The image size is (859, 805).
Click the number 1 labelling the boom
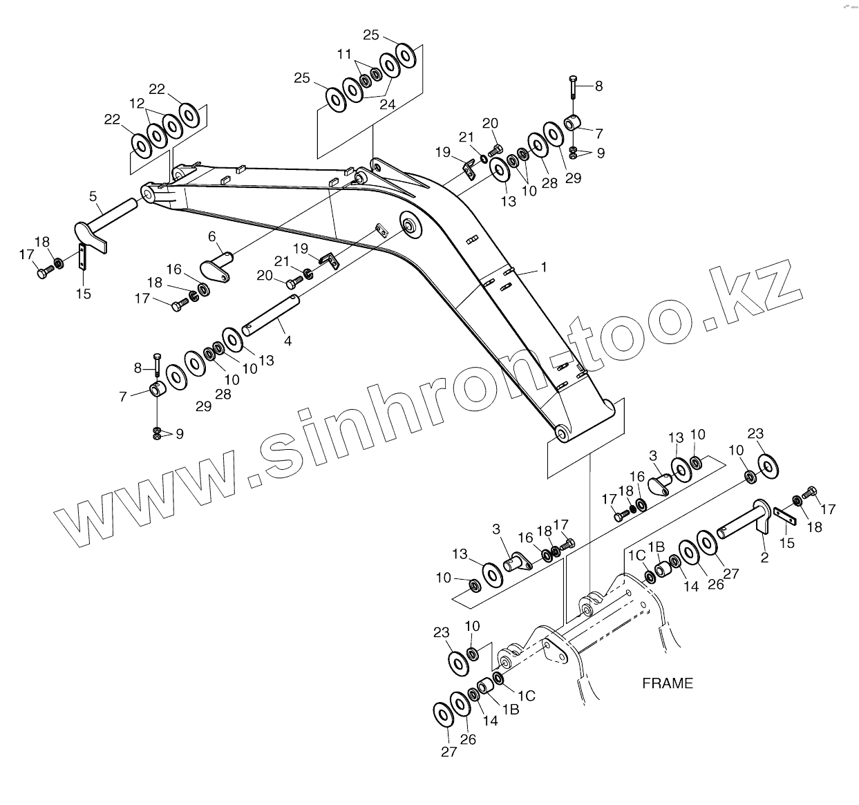(544, 267)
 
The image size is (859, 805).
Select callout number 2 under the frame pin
(764, 558)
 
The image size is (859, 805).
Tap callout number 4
(287, 341)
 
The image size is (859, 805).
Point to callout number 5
(93, 196)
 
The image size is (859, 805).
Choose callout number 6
(212, 236)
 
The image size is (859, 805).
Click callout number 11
(344, 53)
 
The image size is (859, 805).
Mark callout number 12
(136, 103)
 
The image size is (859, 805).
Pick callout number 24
(387, 105)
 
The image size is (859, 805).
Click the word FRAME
(667, 683)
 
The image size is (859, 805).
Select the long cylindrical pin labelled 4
(270, 315)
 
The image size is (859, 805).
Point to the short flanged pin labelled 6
(216, 268)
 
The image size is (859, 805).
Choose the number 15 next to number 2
(786, 543)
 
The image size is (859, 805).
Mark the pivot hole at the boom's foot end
(562, 433)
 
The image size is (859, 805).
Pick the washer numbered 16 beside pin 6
(205, 288)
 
